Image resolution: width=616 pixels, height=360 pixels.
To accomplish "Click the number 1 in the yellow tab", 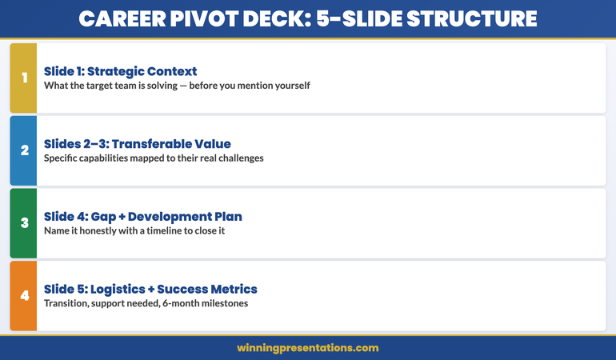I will click(x=24, y=78).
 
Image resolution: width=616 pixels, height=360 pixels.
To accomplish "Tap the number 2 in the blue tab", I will click(x=24, y=150).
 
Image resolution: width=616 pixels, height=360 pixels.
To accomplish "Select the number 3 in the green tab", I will click(x=24, y=223).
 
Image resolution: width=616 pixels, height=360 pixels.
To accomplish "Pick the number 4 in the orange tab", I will click(x=24, y=296).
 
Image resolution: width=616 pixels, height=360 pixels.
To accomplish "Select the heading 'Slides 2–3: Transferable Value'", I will click(x=137, y=144).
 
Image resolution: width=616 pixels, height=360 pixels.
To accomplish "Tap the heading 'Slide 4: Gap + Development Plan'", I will click(x=142, y=217).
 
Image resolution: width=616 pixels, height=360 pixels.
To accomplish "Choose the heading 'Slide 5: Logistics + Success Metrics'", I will click(x=150, y=289).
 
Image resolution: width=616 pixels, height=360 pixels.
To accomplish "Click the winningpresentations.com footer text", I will click(x=307, y=348).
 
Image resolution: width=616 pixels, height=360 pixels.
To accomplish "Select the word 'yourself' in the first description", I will click(x=290, y=86).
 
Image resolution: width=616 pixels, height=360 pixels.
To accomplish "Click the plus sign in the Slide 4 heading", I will click(x=122, y=217).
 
